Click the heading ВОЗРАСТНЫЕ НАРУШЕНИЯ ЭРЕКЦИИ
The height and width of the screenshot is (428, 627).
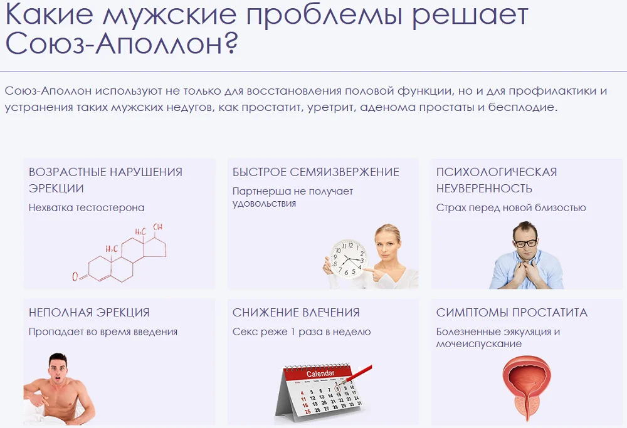point(105,180)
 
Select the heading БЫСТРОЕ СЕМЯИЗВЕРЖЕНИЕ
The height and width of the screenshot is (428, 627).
point(315,172)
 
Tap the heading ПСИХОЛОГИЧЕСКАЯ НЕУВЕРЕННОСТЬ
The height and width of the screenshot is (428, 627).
point(497,180)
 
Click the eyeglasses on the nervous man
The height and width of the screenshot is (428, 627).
point(525,242)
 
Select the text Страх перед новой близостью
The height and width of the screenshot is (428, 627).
point(511,208)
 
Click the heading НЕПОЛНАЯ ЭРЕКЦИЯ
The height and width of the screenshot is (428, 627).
point(89,313)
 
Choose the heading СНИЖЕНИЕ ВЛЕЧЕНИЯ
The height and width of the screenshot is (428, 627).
point(296,313)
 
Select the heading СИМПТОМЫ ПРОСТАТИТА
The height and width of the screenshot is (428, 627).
point(512,313)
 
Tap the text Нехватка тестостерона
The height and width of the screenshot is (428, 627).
point(87,207)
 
